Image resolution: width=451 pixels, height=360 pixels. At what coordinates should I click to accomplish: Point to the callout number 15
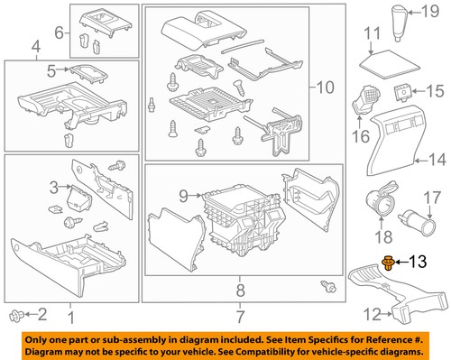(436, 90)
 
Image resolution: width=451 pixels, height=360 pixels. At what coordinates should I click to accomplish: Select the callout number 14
(437, 162)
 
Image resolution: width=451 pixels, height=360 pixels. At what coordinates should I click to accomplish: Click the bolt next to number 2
(15, 314)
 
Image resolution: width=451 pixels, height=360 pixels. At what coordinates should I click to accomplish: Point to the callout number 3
(53, 187)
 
